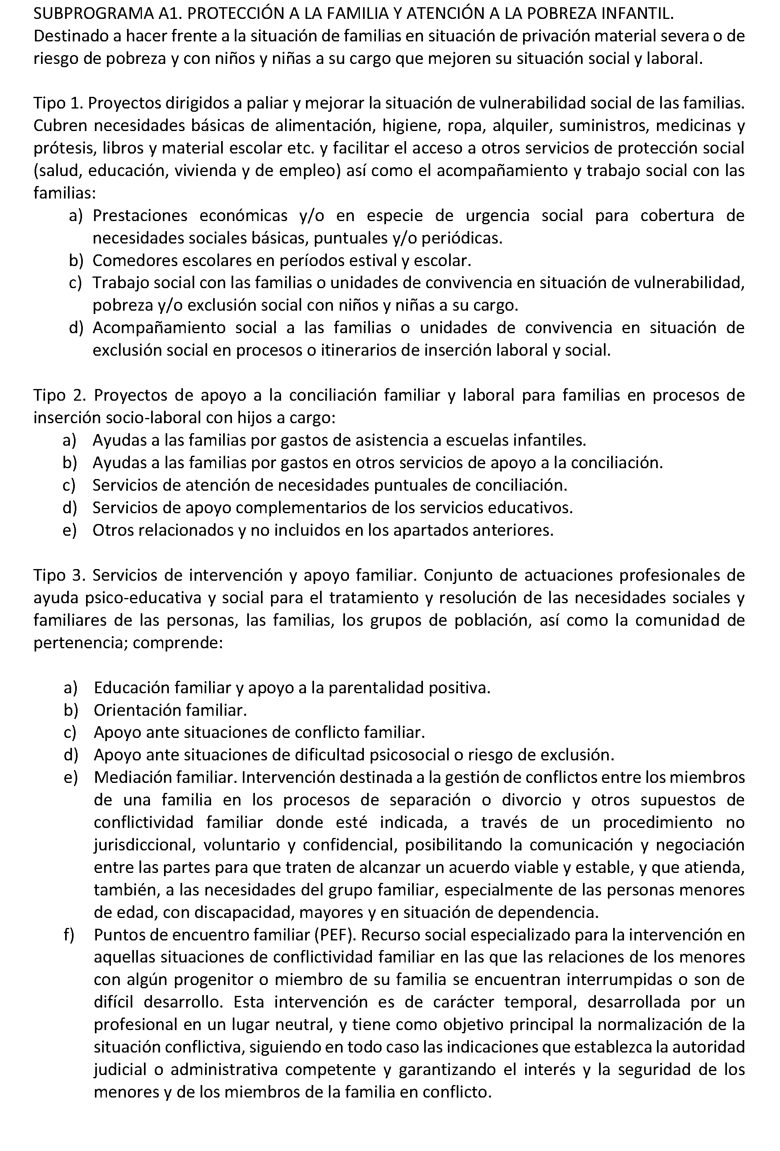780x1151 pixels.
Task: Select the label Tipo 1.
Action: click(x=57, y=104)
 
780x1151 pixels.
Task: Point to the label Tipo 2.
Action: click(x=58, y=395)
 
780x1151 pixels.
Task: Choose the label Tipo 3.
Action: click(x=58, y=575)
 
